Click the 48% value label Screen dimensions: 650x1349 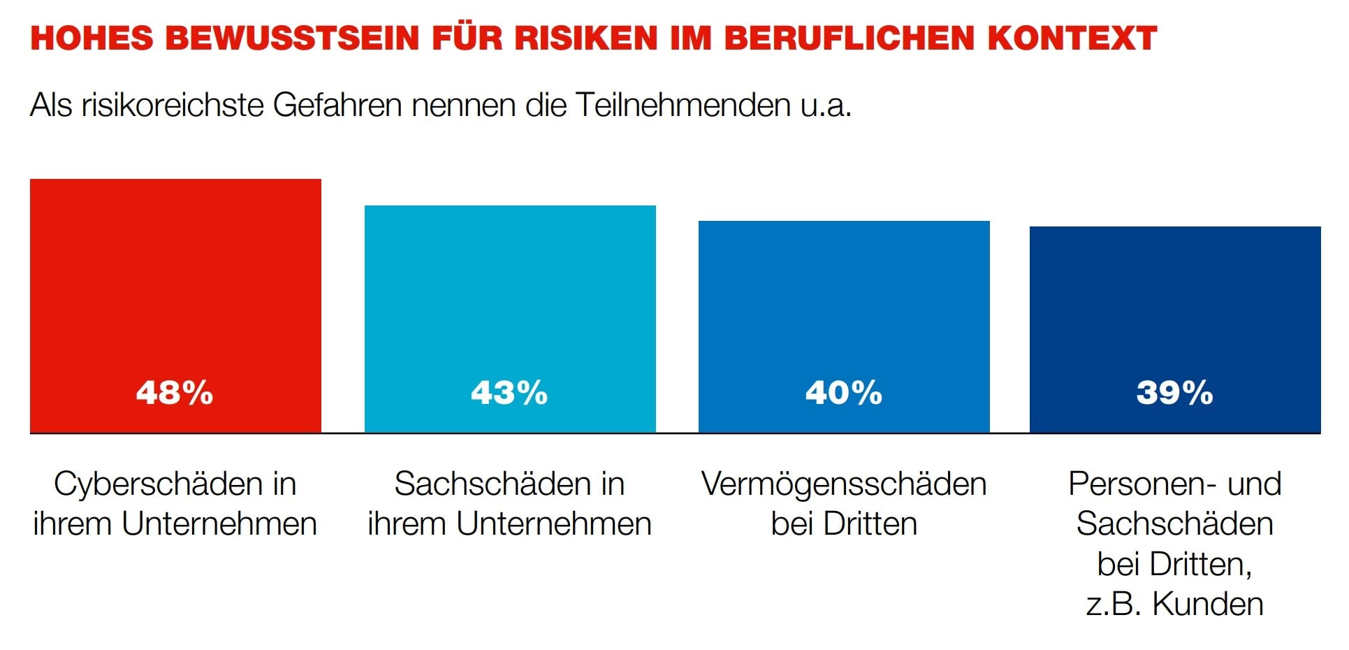tap(175, 393)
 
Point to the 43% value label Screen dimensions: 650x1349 tap(509, 393)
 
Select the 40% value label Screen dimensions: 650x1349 tap(844, 393)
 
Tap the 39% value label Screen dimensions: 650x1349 tap(1175, 393)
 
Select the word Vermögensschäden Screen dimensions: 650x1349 tap(844, 484)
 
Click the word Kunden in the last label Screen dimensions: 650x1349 tap(1208, 605)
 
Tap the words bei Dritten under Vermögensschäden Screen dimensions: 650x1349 tap(844, 524)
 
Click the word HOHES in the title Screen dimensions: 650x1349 tap(92, 38)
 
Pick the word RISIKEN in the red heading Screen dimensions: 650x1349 tap(586, 38)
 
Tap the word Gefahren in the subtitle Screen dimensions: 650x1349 tap(337, 106)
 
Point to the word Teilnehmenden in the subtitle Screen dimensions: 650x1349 tap(683, 106)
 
